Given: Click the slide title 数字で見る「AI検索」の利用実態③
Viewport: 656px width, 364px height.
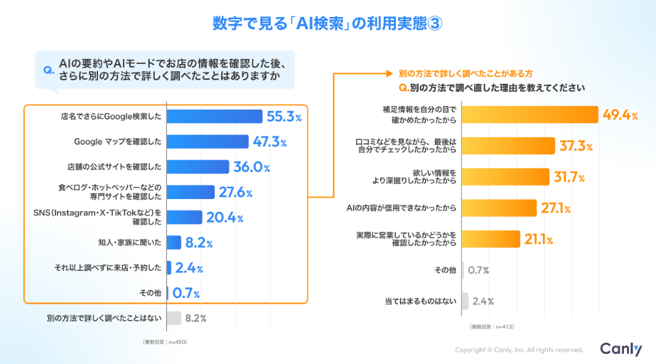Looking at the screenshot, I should pos(328,23).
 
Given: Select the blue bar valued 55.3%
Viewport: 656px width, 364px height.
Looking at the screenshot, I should pos(215,117).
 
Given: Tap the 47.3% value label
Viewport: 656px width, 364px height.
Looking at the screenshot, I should pos(269,141).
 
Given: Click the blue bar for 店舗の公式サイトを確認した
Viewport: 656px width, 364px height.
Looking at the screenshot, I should pos(198,166).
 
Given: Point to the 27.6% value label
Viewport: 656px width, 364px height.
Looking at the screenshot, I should pos(235,192).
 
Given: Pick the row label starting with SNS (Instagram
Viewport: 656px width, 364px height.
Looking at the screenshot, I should pos(98,217).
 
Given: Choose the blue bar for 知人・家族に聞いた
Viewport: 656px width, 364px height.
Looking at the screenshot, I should pos(173,242).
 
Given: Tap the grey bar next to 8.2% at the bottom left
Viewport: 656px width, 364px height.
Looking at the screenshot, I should pos(173,318).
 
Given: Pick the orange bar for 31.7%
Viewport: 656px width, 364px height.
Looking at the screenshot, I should pos(505,176).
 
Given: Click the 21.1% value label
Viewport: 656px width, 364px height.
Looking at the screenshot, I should pos(539,239).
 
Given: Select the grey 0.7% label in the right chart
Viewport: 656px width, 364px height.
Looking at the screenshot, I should pos(480,270).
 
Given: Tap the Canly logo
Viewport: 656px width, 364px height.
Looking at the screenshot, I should pos(620,348).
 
